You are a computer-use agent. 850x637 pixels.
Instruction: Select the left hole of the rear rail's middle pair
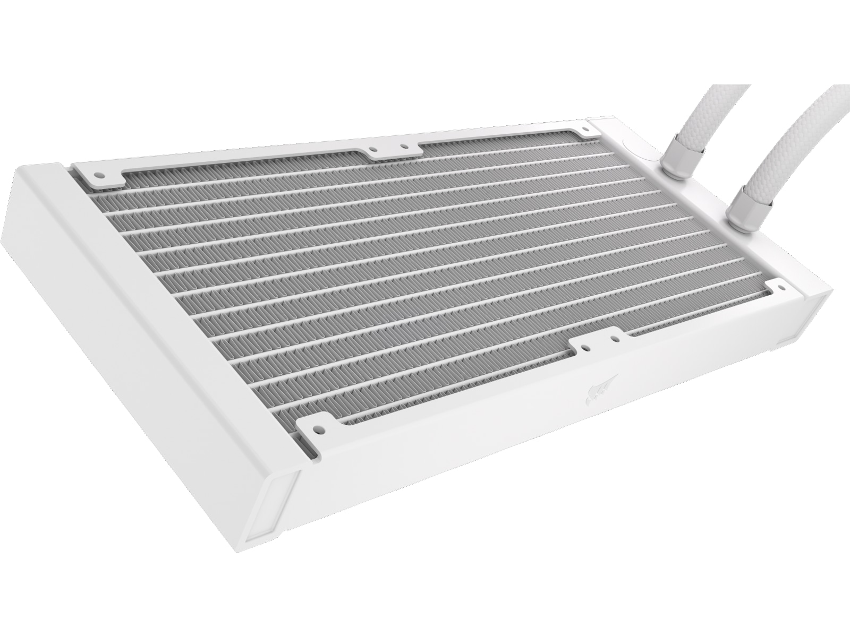pyautogui.click(x=373, y=150)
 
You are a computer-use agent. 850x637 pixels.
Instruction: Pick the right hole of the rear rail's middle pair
pyautogui.click(x=404, y=146)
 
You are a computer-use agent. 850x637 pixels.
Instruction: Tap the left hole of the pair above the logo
pyautogui.click(x=584, y=349)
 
